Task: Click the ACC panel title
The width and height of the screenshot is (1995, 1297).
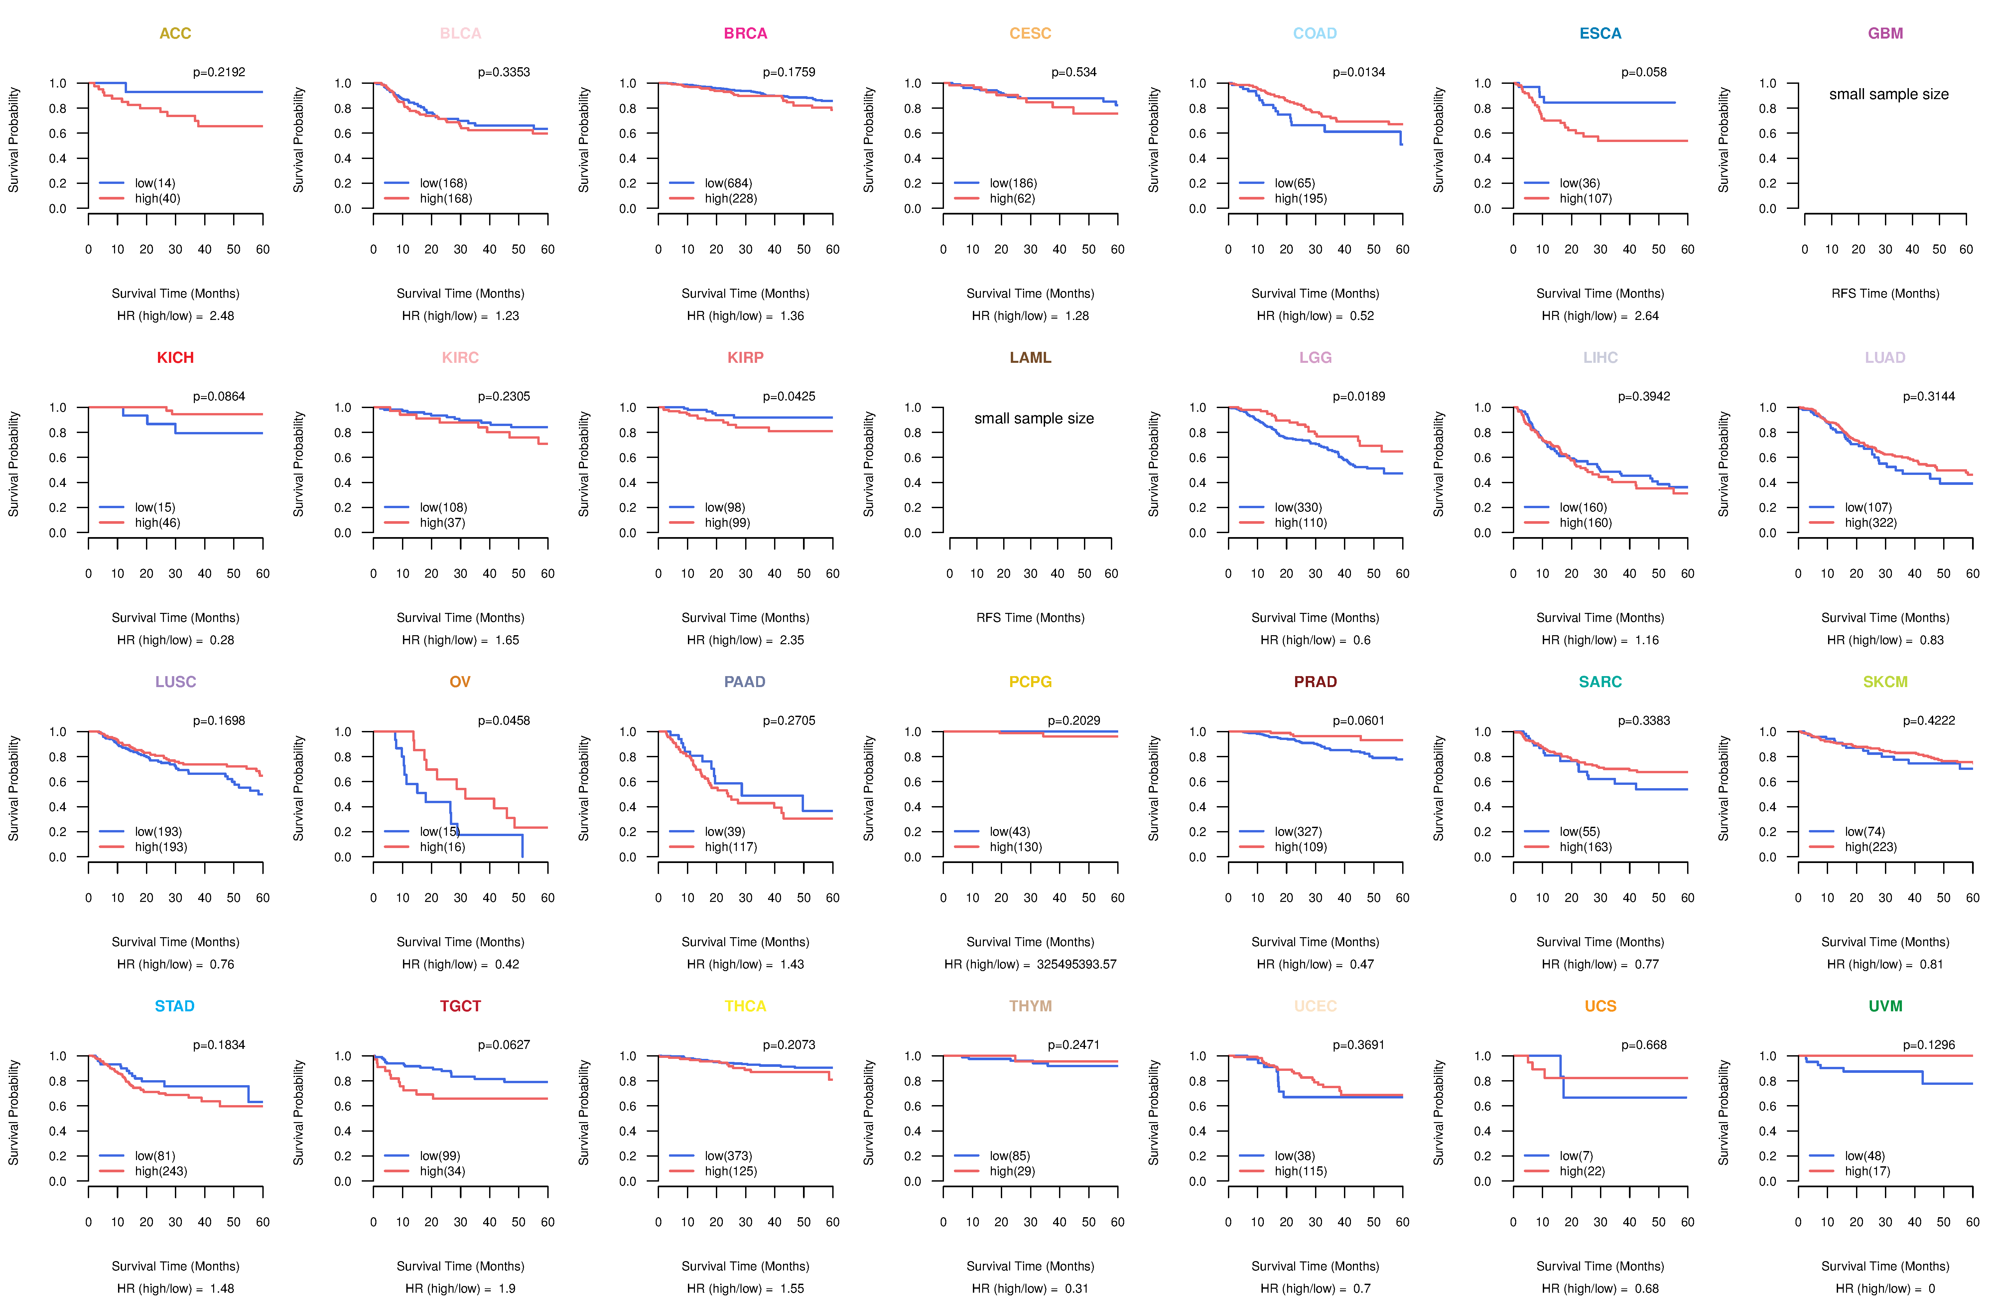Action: click(x=175, y=34)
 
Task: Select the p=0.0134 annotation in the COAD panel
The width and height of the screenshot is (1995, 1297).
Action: click(x=1359, y=72)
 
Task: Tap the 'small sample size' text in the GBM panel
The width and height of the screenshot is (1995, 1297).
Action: click(x=1889, y=94)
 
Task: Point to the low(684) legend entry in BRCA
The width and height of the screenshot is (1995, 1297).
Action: click(x=728, y=183)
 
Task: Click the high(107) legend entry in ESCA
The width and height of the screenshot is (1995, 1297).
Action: click(x=1585, y=199)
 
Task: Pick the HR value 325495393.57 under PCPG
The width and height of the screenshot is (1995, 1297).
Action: click(x=1076, y=964)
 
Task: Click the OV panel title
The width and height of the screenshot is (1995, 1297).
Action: click(x=460, y=682)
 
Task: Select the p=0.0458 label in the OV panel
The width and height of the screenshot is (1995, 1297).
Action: click(x=504, y=720)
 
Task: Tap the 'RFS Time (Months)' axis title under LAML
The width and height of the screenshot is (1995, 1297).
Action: click(x=1030, y=618)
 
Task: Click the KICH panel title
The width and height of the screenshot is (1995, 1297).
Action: click(x=175, y=358)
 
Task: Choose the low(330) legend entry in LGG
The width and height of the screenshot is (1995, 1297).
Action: click(x=1298, y=507)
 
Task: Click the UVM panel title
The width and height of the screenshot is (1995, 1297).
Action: click(x=1885, y=1006)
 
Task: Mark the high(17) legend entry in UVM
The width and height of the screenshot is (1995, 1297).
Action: click(x=1867, y=1171)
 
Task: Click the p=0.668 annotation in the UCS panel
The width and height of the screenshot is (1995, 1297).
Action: click(x=1644, y=1045)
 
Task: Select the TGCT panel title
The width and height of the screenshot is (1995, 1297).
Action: click(x=460, y=1006)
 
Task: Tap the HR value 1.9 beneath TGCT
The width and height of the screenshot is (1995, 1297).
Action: click(x=507, y=1289)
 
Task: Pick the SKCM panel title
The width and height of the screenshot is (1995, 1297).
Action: click(x=1885, y=682)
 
